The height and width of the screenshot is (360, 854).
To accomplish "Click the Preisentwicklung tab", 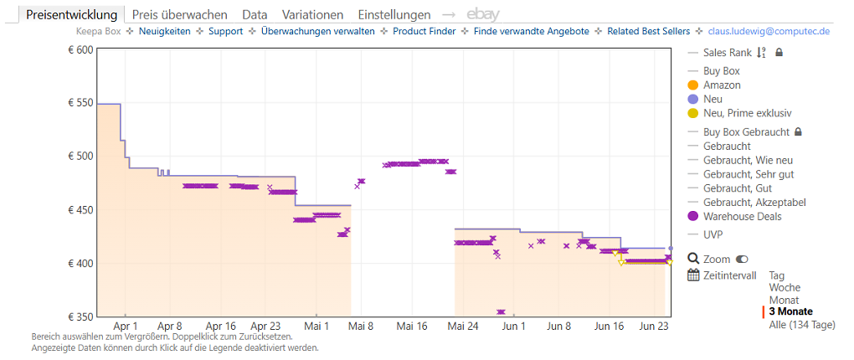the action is pos(71,15).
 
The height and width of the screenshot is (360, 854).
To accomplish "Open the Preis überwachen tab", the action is pos(180,15).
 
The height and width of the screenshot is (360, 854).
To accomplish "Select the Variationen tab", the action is pos(312,15).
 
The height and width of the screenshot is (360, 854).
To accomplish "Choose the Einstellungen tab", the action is pos(394,15).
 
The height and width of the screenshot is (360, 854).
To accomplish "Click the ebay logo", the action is pos(482,15).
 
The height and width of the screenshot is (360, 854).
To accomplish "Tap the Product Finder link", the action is pos(424,31).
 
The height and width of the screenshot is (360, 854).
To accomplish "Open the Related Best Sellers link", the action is pos(649,31).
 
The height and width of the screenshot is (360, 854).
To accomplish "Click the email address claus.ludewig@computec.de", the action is pos(769,31).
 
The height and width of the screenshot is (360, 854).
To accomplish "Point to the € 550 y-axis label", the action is pos(80,104).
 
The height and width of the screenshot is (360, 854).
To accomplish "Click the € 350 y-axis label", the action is pos(80,316).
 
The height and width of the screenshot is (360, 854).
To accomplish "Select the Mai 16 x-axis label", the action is pos(412,327).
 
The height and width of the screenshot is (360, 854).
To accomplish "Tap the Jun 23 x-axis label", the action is pos(654,327).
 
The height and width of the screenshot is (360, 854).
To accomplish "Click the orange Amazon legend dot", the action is pos(692,85).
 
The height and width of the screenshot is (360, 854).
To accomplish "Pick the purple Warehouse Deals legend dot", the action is pos(692,217).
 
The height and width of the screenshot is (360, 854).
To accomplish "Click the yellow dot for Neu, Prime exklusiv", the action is pos(692,113).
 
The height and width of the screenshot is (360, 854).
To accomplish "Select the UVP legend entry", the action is pos(712,234).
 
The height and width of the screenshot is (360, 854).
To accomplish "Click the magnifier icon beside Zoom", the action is pos(693,259).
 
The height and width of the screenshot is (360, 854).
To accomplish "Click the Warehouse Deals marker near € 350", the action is pos(501,312).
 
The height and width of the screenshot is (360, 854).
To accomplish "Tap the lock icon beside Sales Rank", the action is pos(779,53).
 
